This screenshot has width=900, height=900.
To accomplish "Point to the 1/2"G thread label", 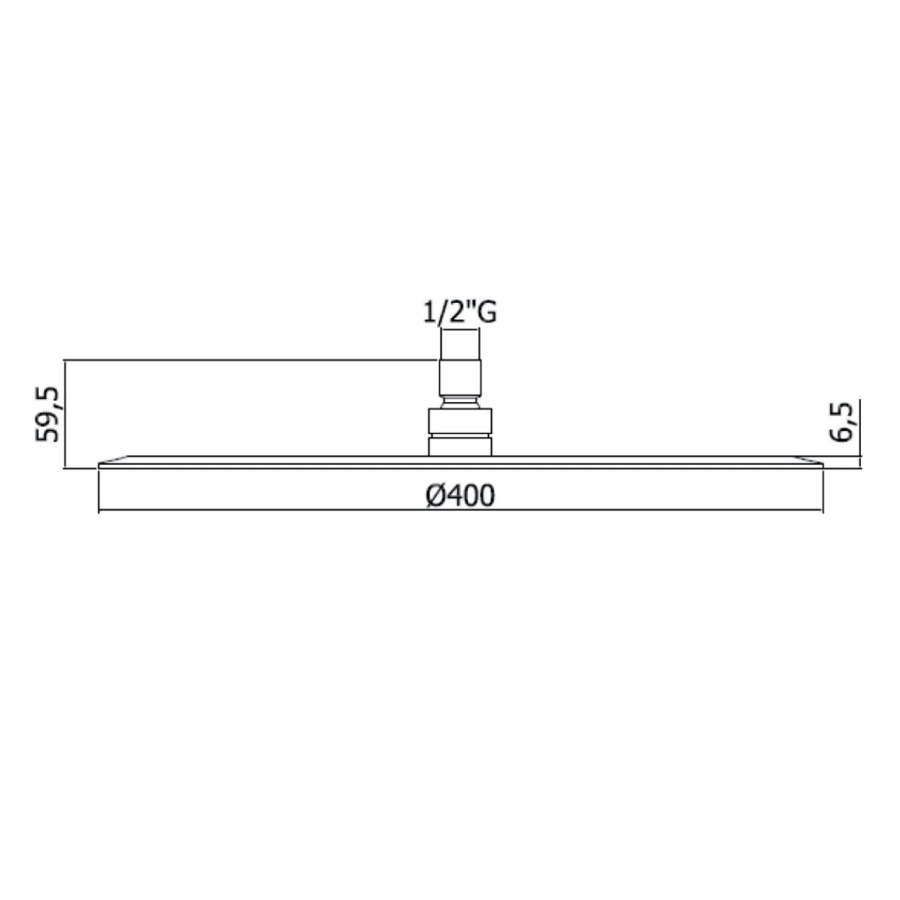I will pyautogui.click(x=458, y=313).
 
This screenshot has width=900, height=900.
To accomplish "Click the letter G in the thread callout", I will pyautogui.click(x=486, y=313).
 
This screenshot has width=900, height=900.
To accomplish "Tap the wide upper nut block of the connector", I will pyautogui.click(x=460, y=420).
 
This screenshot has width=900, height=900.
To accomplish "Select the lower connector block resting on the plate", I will pyautogui.click(x=460, y=446).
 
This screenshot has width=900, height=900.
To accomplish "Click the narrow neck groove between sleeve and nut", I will pyautogui.click(x=460, y=402).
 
